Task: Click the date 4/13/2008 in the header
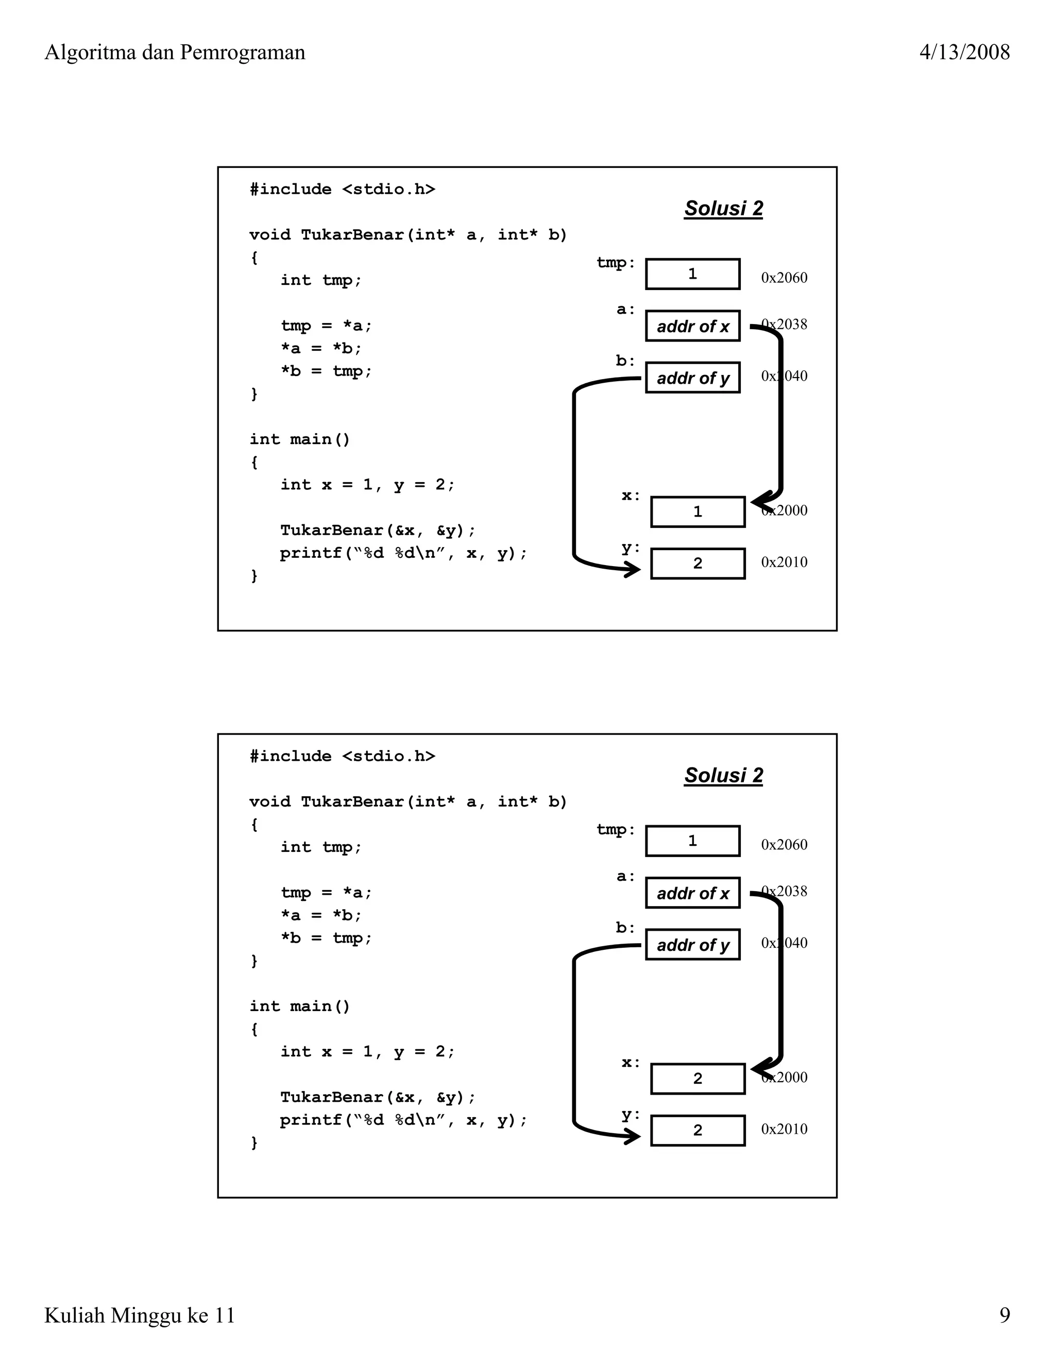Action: point(964,52)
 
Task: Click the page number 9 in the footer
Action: point(1005,1315)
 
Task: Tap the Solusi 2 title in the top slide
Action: point(723,208)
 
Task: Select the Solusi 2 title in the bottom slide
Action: point(723,775)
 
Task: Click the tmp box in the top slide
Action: point(692,274)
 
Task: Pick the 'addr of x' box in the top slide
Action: point(692,326)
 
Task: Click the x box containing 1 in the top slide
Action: point(697,512)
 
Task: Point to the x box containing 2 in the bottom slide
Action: point(697,1079)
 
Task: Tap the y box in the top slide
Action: point(697,563)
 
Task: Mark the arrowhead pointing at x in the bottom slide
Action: point(759,1069)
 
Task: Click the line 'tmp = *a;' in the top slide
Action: point(326,326)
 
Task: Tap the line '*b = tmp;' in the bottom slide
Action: point(326,938)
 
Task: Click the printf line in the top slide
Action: point(403,553)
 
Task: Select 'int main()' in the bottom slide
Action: point(300,1006)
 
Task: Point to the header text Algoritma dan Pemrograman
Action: point(175,52)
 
